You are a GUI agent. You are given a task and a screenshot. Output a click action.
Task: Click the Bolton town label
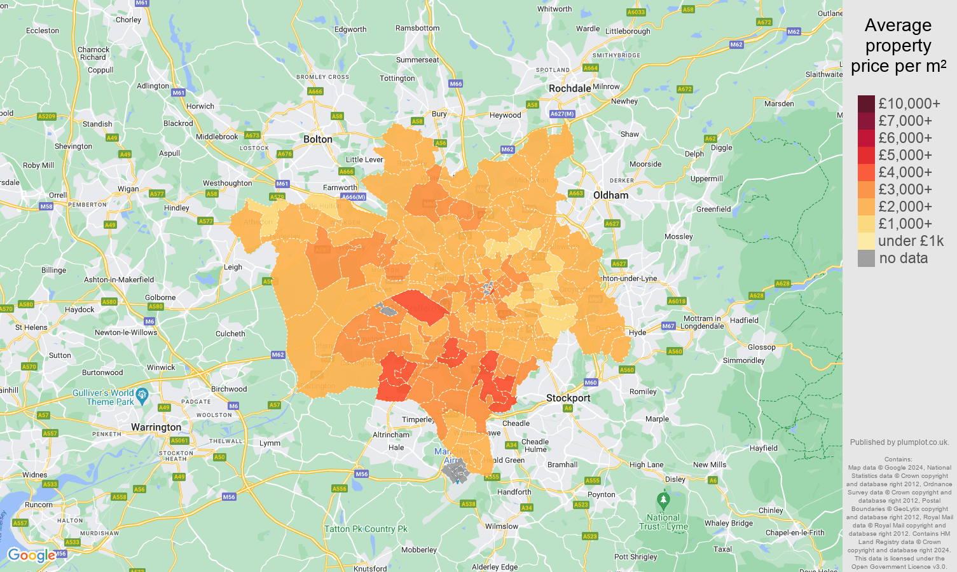317,139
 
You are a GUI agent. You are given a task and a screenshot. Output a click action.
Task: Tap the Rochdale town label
569,88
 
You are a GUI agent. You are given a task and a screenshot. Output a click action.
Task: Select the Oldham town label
610,195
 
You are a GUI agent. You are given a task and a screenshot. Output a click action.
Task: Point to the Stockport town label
568,398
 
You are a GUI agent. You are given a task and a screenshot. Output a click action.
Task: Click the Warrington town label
156,427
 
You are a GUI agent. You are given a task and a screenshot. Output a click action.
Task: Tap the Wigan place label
128,189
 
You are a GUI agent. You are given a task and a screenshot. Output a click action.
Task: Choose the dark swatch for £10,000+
866,104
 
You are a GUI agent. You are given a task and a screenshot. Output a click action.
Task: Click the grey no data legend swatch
866,258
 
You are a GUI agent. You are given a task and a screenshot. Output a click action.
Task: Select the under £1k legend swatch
866,241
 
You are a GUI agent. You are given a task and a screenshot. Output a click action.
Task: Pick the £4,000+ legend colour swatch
866,172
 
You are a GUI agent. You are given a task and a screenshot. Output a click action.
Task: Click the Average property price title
898,46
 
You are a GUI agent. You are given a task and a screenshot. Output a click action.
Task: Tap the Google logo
31,555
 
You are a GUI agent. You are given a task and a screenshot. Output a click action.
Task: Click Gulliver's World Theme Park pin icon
142,395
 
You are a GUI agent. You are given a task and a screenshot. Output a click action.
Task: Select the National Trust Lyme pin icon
663,500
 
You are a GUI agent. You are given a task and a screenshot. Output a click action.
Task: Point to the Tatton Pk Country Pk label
366,529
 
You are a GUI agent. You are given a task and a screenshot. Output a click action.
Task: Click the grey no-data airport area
455,472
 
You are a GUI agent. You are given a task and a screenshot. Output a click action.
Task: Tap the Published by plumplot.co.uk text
899,442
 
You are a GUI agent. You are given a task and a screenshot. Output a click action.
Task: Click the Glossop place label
761,347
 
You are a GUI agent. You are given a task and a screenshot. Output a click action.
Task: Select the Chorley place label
128,20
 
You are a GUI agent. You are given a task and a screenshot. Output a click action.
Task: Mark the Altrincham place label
391,435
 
